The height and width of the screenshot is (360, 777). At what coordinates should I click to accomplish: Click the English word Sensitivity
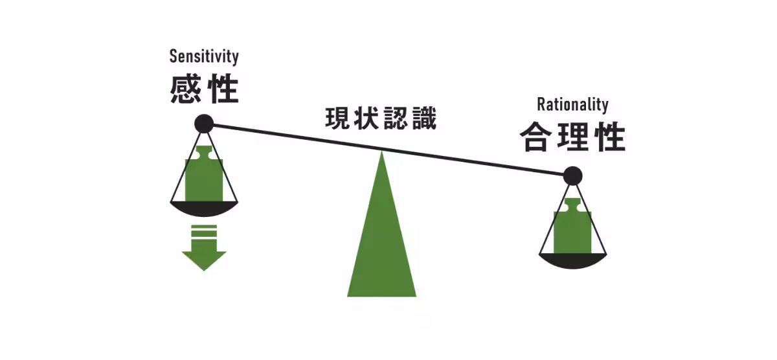(x=204, y=56)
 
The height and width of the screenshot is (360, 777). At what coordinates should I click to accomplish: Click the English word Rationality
(x=572, y=104)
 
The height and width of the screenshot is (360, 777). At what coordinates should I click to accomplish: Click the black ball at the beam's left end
(x=204, y=123)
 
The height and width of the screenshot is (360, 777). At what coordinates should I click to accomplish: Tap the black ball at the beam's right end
(x=572, y=175)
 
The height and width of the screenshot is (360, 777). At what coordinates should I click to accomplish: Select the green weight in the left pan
(x=204, y=178)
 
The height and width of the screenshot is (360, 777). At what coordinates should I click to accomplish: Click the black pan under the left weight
(x=204, y=208)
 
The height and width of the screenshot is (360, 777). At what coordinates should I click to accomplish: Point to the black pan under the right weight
(x=572, y=260)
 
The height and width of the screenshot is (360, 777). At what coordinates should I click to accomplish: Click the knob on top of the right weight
(x=572, y=205)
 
